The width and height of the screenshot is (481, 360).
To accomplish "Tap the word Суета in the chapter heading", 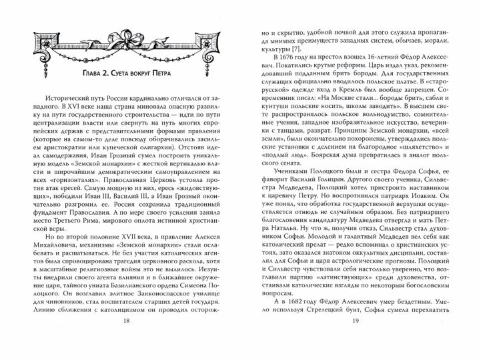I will click(119, 73).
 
